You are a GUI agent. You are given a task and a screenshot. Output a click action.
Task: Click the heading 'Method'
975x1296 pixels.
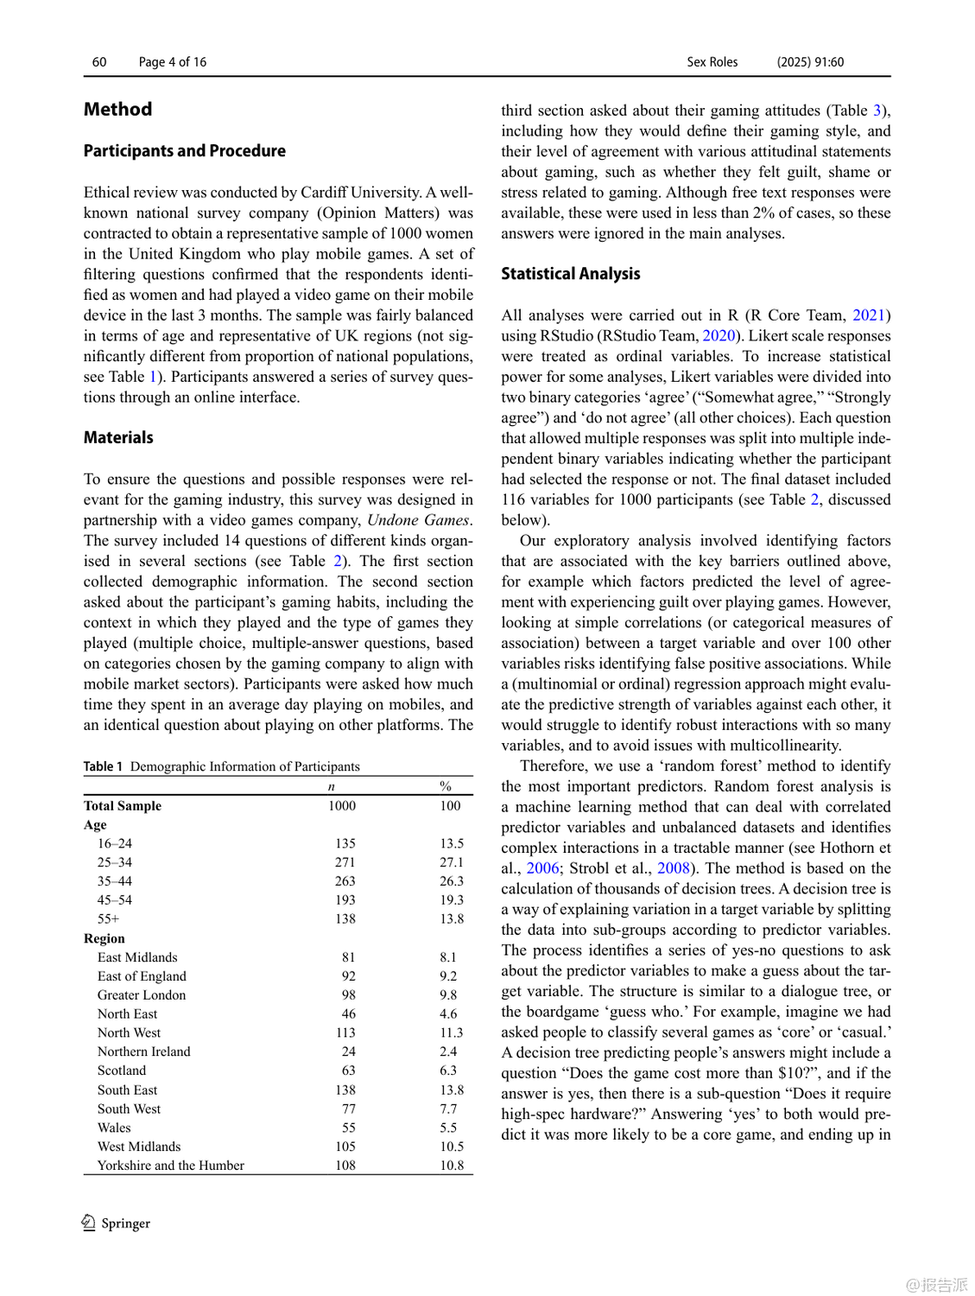pos(117,110)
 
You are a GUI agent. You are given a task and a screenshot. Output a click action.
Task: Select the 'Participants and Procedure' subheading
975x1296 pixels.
pos(184,151)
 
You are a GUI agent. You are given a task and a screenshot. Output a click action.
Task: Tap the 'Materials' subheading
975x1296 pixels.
pos(118,438)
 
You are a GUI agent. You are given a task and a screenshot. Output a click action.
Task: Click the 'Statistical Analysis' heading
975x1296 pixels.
pos(570,274)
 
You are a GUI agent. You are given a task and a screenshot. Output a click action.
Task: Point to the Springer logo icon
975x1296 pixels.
pos(89,1223)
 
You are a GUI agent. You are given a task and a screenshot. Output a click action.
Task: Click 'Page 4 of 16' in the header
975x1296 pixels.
pos(173,62)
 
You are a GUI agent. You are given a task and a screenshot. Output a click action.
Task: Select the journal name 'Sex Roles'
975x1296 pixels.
pos(712,62)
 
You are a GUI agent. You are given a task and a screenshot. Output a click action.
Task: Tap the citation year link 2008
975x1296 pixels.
pos(674,868)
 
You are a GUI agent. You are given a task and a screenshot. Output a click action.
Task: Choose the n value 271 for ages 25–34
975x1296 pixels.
pos(345,862)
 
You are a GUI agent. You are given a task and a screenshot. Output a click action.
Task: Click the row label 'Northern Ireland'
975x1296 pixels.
pos(143,1051)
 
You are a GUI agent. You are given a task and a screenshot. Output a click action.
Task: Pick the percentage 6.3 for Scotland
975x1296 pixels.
pos(448,1070)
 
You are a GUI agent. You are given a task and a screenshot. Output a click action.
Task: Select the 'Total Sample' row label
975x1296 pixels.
pos(123,806)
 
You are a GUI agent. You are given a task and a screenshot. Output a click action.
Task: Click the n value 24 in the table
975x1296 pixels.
pos(348,1051)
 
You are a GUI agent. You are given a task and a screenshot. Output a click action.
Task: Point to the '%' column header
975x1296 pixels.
pos(446,786)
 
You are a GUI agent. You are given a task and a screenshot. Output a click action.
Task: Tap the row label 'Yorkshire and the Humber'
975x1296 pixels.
pos(170,1166)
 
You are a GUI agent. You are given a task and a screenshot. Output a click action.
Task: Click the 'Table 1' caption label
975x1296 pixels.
pos(103,766)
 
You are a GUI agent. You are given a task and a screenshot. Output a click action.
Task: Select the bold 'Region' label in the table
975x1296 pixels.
pos(104,938)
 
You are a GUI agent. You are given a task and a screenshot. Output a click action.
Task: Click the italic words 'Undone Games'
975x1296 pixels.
pos(419,520)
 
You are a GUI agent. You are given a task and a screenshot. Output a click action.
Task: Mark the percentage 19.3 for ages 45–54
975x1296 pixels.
pos(452,900)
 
